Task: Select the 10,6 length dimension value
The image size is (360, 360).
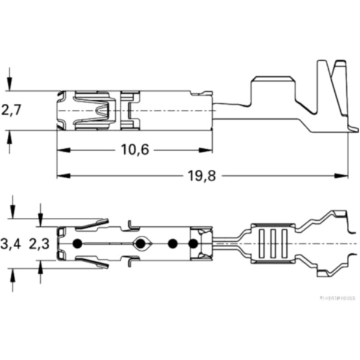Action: (x=135, y=149)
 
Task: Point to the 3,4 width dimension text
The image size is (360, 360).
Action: (x=11, y=244)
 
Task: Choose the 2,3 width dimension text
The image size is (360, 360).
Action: (x=40, y=244)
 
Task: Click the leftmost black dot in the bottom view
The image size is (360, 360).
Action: (x=77, y=244)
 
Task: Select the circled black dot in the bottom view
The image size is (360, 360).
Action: (x=141, y=244)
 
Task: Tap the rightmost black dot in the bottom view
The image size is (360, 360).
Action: (x=193, y=244)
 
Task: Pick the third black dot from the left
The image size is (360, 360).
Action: (x=173, y=244)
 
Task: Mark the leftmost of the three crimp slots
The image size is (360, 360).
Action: (x=262, y=244)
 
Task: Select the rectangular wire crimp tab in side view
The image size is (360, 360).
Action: (x=272, y=91)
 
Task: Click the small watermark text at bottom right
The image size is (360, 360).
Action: (x=337, y=297)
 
